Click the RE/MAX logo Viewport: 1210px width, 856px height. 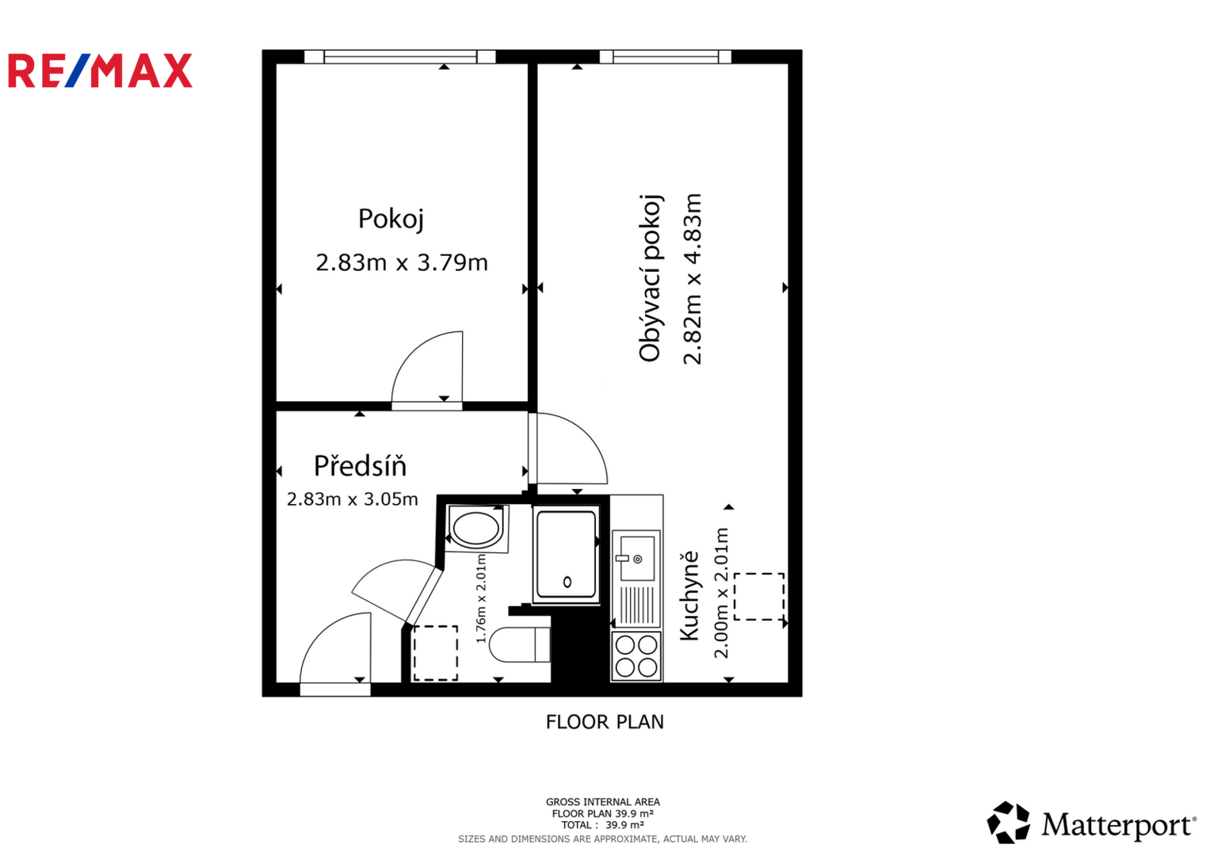(x=100, y=71)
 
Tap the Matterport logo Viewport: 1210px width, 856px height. (x=1091, y=824)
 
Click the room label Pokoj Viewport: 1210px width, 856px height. (x=391, y=219)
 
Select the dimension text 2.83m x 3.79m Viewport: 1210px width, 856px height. (x=402, y=262)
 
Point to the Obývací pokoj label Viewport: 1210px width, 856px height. (x=650, y=277)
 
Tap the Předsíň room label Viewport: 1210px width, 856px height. (x=360, y=466)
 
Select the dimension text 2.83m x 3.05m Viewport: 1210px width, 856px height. (x=352, y=499)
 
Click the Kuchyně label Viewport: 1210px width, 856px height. (x=689, y=595)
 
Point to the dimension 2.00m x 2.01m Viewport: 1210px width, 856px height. (x=721, y=593)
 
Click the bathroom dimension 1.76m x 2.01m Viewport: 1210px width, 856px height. (x=481, y=598)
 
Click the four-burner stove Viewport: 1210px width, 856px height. (x=636, y=656)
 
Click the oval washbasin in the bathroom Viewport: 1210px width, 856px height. (x=476, y=529)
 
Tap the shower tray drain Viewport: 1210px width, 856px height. (x=567, y=582)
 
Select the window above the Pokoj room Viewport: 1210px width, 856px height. (x=400, y=56)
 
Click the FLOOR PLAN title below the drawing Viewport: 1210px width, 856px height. (x=605, y=722)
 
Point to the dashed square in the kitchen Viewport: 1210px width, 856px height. (x=758, y=596)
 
